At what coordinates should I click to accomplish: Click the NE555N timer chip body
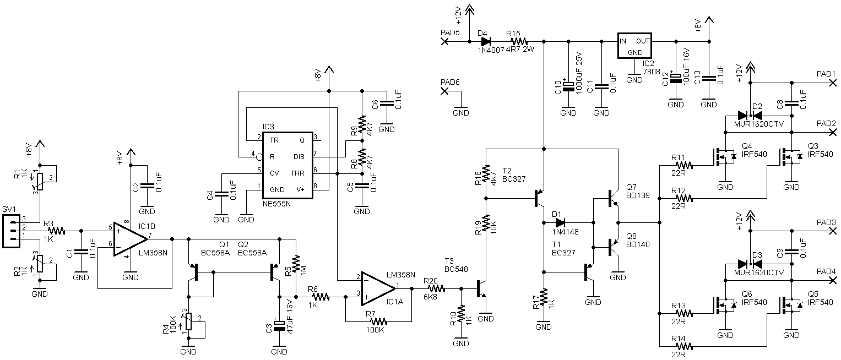(x=287, y=165)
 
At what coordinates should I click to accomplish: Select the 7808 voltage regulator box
(x=634, y=46)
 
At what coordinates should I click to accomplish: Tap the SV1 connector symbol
(x=11, y=231)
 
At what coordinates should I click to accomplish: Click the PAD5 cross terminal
(x=444, y=41)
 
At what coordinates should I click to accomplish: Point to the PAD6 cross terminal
(x=444, y=91)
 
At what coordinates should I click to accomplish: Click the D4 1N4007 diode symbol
(x=486, y=41)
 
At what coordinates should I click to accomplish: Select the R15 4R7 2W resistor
(x=519, y=41)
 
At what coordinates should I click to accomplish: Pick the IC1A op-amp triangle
(x=378, y=288)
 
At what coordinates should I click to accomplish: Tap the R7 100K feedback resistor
(x=378, y=321)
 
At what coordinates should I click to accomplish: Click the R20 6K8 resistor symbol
(x=436, y=288)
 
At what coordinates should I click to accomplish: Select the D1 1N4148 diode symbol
(x=560, y=222)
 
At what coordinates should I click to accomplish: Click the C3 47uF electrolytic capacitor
(x=279, y=326)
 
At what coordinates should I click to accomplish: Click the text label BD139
(x=638, y=195)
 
